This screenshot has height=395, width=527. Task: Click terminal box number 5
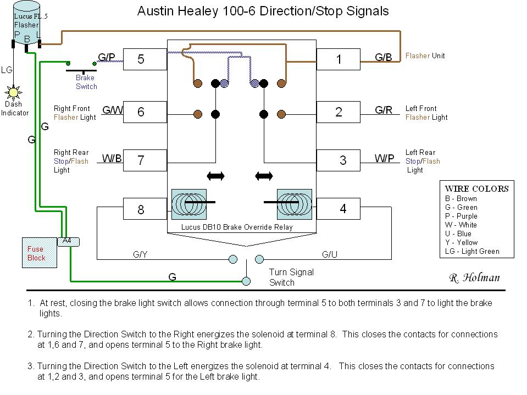point(145,59)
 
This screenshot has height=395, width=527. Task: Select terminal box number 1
point(339,59)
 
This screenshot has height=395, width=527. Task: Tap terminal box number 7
point(145,160)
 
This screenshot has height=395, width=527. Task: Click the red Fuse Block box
point(38,253)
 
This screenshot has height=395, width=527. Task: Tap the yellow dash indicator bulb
point(13,92)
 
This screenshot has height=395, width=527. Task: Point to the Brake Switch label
point(86,82)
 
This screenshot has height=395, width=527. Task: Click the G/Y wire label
point(141,254)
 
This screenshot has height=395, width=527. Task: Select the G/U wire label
point(329,254)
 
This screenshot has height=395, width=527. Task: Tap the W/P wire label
point(384,159)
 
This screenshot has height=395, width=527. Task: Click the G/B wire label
point(383,57)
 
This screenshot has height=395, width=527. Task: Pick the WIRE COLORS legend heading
point(476,188)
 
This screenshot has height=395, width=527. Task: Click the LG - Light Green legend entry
point(472,251)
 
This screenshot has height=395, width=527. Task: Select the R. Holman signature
point(474,278)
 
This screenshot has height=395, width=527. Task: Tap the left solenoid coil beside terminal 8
point(189,204)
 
